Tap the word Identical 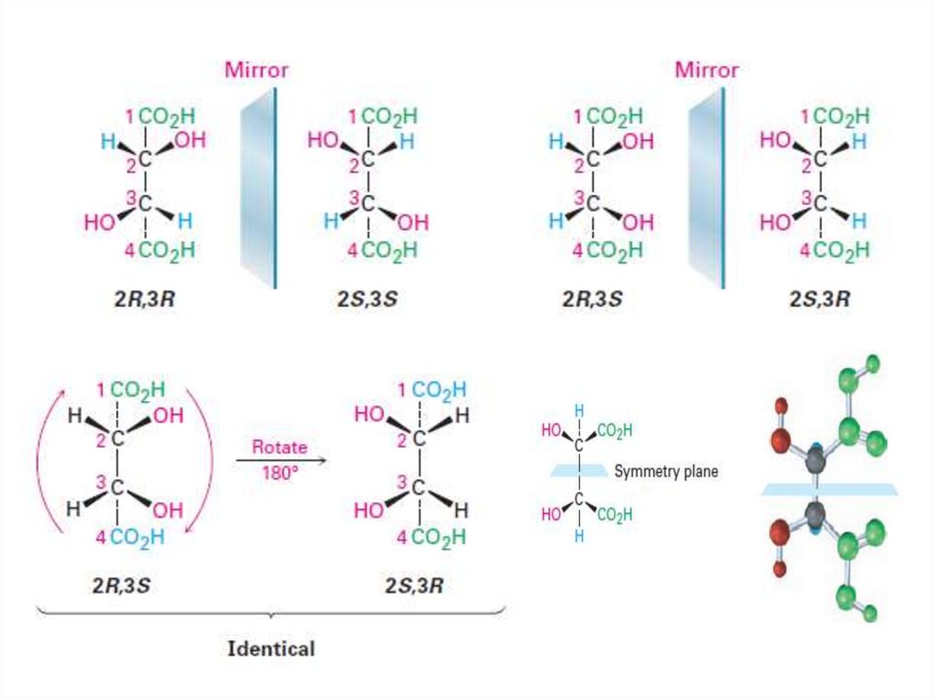coord(270,649)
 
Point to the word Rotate coord(279,447)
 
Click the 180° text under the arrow coord(279,474)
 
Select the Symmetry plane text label coord(666,471)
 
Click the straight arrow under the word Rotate coord(280,461)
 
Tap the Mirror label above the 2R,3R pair coord(256,69)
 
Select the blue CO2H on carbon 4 coord(138,538)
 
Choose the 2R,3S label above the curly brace coord(120,584)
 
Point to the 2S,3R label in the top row coord(819,298)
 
